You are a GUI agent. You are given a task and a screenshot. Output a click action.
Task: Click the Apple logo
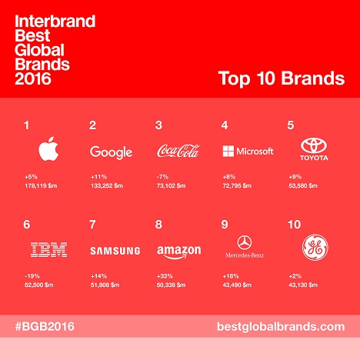coord(48,149)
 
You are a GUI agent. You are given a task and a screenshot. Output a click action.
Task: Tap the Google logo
coord(111,152)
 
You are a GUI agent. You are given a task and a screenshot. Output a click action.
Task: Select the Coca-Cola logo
coord(178,151)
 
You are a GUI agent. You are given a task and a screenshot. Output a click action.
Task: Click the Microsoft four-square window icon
coord(228,151)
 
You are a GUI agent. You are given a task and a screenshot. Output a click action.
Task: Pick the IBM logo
coord(48,249)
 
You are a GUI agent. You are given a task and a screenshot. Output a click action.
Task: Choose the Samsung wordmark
coord(115,251)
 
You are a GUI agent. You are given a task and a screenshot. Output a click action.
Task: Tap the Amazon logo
coord(179,252)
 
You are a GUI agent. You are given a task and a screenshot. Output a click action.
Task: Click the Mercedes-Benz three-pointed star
coord(245,242)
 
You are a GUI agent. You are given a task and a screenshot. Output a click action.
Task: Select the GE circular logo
coord(315,248)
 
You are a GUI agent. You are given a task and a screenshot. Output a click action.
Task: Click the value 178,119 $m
coord(41,185)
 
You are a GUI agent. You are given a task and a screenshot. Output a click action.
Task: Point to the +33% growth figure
coord(165,276)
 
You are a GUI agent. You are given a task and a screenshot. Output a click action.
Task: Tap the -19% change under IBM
coord(32,276)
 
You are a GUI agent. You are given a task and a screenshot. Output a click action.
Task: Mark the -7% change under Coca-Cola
coord(162,177)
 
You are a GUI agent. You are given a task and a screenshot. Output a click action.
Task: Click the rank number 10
coord(294,225)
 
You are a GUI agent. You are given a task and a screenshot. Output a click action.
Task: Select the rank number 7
coord(92,225)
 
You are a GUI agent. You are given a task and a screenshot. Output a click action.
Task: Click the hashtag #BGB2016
coord(45,326)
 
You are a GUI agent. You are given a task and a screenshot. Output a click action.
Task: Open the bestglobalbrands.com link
coord(281,327)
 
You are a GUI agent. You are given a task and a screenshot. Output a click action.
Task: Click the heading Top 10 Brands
coord(282,78)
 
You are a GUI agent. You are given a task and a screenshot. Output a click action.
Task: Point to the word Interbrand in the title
coord(55,21)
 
